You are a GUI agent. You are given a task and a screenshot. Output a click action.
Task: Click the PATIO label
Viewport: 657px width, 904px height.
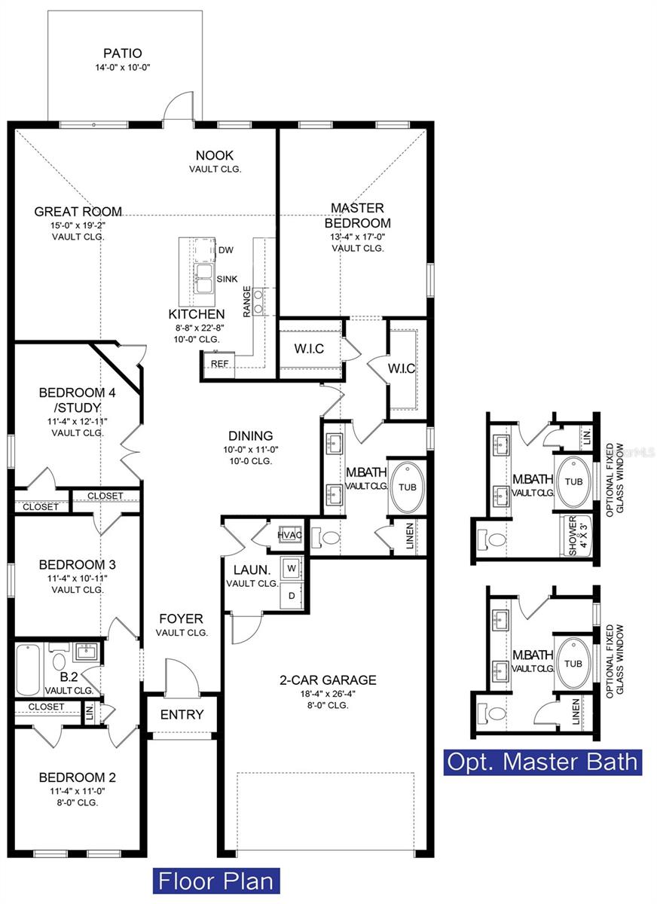click(122, 53)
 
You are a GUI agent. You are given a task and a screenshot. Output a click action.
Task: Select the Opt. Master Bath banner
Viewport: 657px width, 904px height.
click(542, 761)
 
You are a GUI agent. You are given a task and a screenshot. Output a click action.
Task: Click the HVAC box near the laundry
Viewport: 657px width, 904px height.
click(290, 534)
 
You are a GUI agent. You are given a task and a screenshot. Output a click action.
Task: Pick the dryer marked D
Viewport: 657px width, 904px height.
click(291, 596)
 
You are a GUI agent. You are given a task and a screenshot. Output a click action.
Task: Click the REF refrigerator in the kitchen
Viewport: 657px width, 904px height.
click(220, 363)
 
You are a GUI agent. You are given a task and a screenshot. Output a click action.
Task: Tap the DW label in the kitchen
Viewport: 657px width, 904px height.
click(225, 250)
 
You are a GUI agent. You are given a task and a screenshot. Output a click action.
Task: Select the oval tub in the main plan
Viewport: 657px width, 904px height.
click(406, 487)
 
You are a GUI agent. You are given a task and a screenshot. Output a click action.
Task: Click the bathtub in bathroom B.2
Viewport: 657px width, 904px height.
click(29, 670)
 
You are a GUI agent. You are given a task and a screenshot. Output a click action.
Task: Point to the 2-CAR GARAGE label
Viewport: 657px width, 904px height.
click(328, 680)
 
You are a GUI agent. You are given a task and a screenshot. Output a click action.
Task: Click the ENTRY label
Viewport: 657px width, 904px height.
click(182, 714)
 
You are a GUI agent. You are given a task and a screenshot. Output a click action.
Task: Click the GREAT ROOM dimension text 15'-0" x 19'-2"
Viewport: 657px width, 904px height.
click(78, 224)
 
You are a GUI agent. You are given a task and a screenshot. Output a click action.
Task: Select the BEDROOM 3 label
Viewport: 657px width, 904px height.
click(77, 564)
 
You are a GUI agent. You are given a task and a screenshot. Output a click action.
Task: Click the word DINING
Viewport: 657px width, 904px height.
click(251, 435)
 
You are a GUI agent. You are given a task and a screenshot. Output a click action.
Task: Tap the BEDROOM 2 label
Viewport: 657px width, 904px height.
click(77, 777)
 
